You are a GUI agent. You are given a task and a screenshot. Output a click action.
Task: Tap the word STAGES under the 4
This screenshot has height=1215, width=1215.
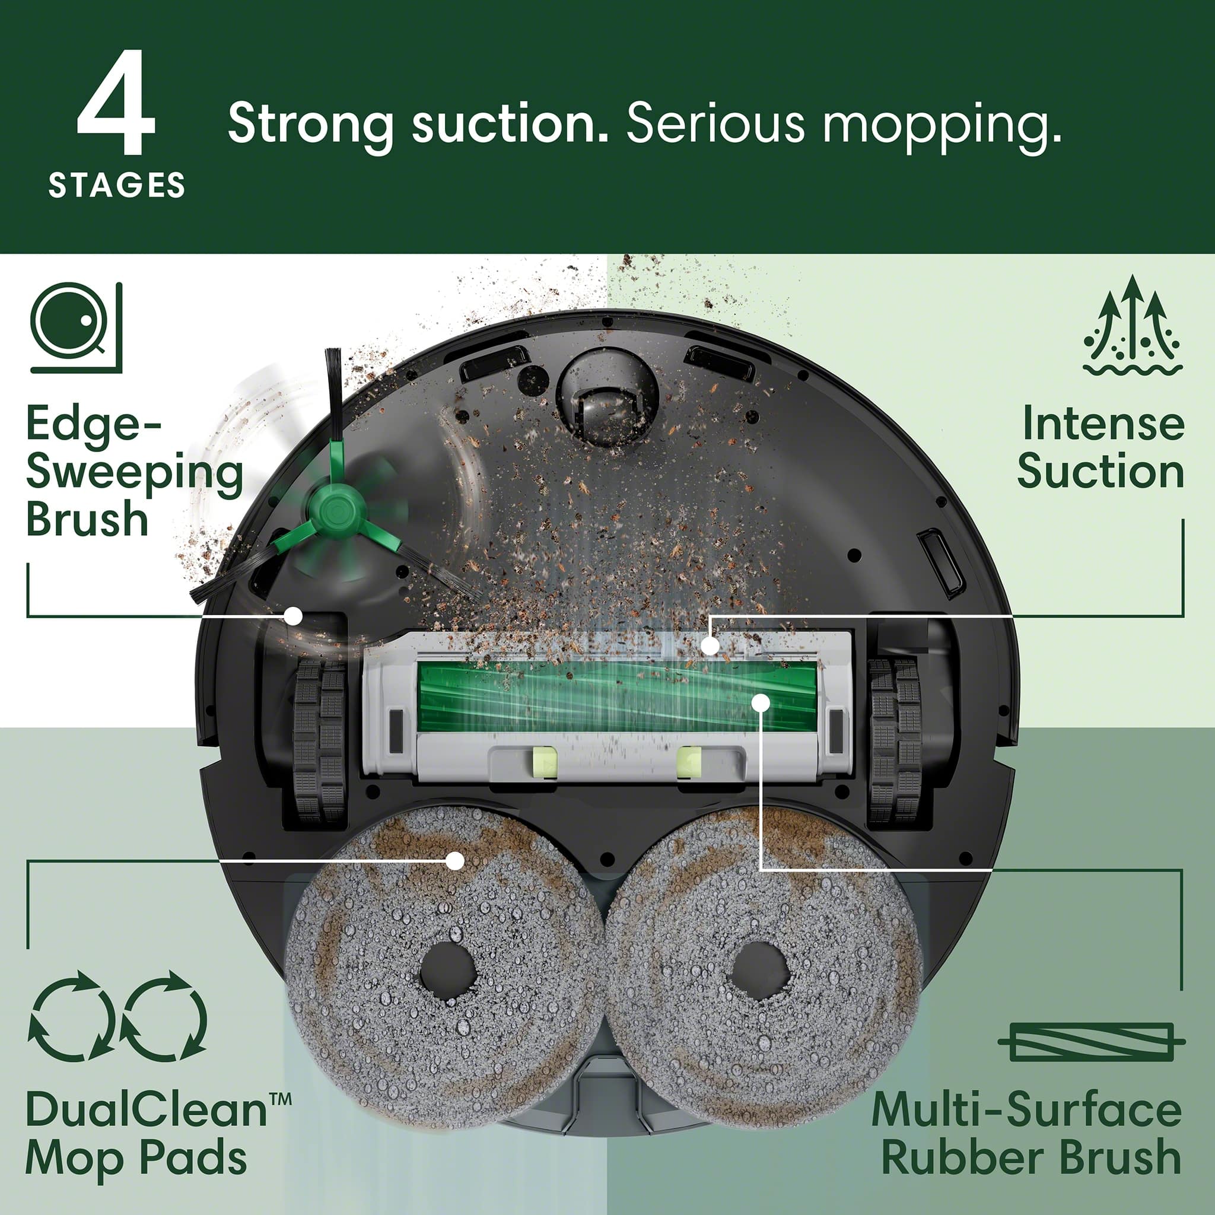coord(117,186)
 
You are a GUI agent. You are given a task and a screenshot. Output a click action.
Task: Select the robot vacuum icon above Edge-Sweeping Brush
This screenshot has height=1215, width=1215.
coord(75,327)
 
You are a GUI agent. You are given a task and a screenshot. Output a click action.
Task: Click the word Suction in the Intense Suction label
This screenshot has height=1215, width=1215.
coord(1101,472)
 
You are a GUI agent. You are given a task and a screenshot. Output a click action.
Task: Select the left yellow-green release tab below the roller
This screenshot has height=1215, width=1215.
coord(545,762)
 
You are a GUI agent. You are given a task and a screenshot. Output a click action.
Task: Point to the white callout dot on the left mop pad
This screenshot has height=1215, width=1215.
coord(454,860)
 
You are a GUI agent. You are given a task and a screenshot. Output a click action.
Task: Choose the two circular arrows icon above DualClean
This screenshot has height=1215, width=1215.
coord(117,1016)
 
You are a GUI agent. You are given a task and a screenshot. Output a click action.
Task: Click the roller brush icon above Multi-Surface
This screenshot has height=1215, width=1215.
coord(1092,1041)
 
